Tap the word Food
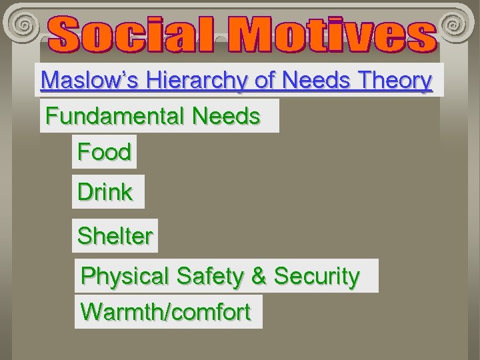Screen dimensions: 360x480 [104, 152]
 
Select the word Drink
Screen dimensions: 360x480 [105, 192]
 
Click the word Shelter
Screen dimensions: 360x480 [115, 235]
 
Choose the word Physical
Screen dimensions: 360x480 [123, 275]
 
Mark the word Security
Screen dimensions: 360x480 [317, 275]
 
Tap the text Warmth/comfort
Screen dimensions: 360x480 [165, 311]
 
